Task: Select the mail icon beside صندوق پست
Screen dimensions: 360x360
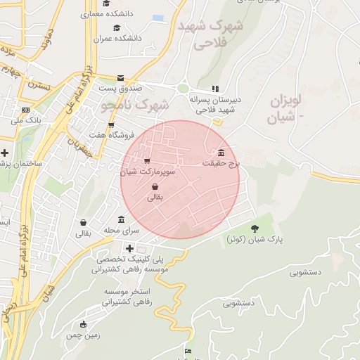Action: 120,78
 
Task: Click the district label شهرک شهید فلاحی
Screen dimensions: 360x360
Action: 210,34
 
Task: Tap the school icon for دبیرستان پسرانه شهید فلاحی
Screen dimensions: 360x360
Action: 215,89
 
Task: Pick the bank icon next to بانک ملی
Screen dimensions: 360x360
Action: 25,110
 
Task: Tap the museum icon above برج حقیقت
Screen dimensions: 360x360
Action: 221,153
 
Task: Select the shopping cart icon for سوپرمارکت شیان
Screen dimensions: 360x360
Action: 146,161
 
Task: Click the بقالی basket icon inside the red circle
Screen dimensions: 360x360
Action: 154,187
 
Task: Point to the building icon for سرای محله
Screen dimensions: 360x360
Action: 121,219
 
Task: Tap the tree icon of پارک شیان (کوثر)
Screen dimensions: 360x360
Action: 254,229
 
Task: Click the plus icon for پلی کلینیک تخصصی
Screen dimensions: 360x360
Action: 129,247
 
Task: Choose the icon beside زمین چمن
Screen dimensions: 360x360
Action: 84,324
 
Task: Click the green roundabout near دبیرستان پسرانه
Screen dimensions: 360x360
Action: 183,89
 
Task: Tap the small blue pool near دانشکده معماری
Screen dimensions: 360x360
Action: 157,18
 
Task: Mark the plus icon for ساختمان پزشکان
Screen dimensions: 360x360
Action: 5,153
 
